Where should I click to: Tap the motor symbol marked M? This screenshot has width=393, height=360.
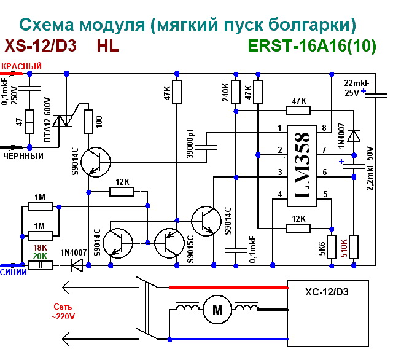tap(217, 311)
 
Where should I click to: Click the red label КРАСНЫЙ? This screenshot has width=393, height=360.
tap(22, 66)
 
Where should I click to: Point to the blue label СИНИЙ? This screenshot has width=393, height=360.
tap(14, 272)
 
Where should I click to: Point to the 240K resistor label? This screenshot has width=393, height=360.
tap(225, 92)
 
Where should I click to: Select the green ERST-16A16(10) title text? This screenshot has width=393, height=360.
tap(311, 46)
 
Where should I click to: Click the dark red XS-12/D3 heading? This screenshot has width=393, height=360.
tap(41, 46)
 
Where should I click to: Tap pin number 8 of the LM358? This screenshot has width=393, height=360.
tap(324, 128)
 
